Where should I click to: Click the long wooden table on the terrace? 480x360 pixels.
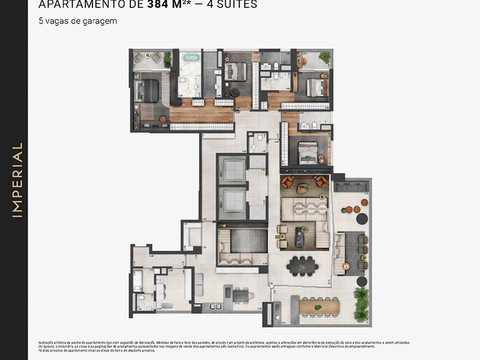(x=319, y=306)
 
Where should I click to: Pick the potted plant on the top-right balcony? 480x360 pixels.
(x=325, y=57)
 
